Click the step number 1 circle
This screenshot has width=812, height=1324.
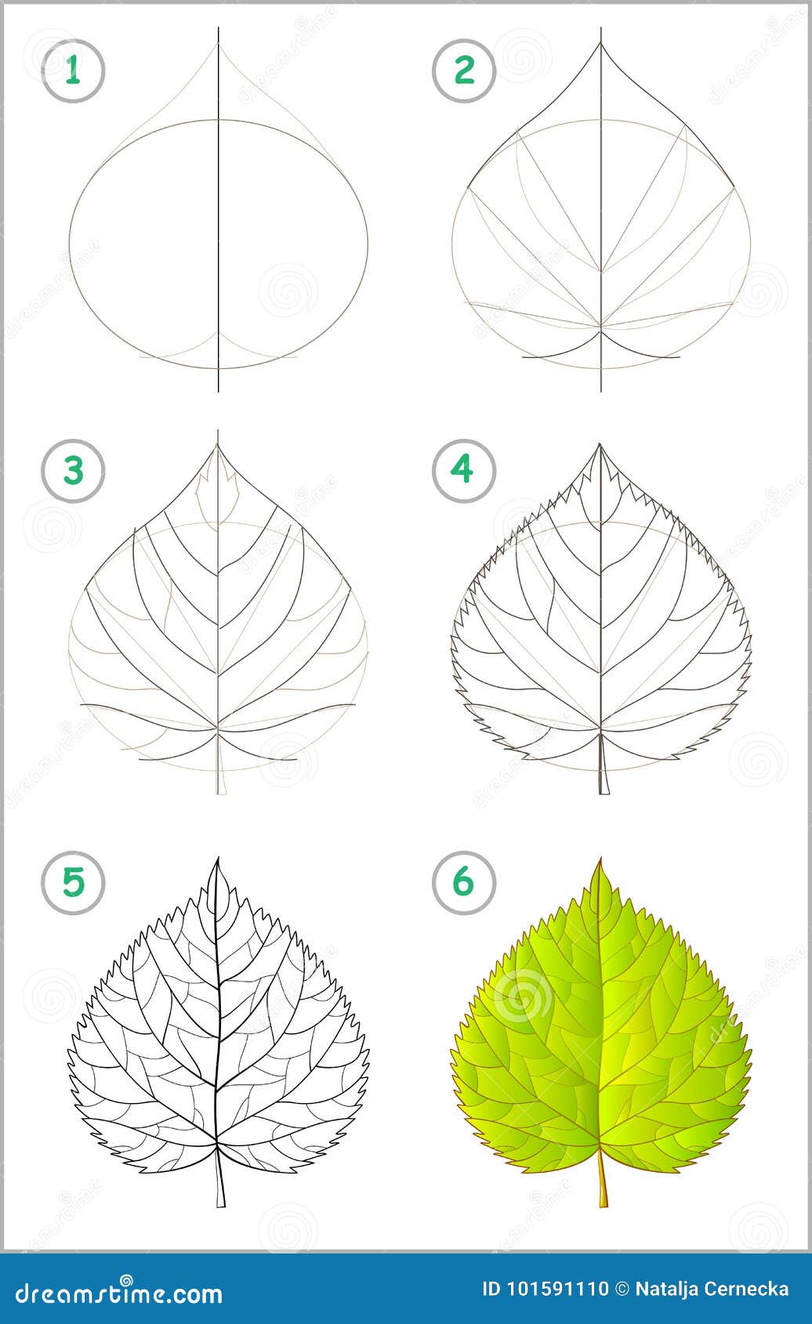tap(73, 71)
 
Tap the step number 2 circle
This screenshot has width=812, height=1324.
tap(464, 71)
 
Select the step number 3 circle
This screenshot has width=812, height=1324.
tap(73, 472)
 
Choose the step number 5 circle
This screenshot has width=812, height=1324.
tap(73, 882)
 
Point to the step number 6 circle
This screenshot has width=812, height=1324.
tap(463, 882)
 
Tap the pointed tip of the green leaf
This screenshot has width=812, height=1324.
tap(601, 862)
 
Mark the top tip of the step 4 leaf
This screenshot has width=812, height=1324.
tap(600, 447)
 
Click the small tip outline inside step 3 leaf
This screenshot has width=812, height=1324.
tap(217, 494)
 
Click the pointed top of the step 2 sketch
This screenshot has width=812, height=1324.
tap(601, 42)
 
